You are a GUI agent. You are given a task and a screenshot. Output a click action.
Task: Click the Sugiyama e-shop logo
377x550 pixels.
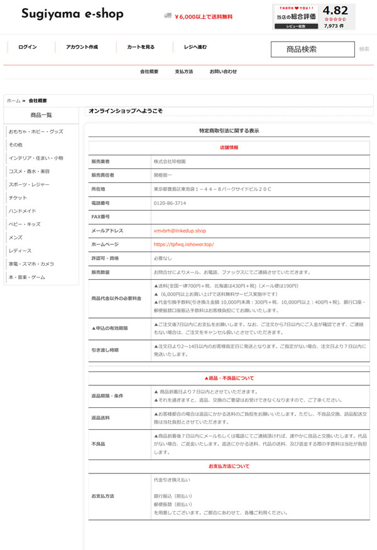[72, 14]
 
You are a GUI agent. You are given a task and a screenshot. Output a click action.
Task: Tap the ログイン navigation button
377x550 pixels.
[28, 47]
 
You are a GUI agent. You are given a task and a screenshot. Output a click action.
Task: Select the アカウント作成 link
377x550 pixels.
[82, 47]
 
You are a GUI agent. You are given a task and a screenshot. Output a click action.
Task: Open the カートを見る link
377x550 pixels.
[141, 47]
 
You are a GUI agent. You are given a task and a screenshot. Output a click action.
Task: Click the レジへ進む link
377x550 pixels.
[195, 47]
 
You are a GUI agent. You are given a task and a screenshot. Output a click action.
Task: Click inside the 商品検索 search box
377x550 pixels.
[312, 49]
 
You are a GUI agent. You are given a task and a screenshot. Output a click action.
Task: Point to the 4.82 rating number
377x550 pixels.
[335, 10]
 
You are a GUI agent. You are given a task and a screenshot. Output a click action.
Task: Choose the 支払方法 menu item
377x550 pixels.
[184, 72]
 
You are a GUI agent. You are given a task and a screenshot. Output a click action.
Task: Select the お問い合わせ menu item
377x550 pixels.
[224, 72]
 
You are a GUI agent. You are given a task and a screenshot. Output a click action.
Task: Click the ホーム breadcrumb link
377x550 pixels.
[13, 101]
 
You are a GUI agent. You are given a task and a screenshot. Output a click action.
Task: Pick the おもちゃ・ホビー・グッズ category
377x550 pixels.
[36, 131]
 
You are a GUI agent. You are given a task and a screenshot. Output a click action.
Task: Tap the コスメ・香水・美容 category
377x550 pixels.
[29, 171]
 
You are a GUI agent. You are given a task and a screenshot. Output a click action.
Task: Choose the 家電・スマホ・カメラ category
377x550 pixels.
[31, 263]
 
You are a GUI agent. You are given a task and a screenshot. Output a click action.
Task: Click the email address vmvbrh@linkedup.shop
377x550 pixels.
[180, 231]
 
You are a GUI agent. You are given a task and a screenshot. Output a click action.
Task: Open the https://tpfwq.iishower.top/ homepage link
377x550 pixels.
[183, 244]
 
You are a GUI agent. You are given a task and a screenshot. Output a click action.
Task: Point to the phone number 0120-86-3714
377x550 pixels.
[170, 203]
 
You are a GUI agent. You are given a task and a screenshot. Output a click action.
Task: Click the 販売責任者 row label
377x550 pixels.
[103, 175]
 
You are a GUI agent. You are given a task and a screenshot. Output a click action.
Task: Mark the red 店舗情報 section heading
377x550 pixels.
[229, 147]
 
